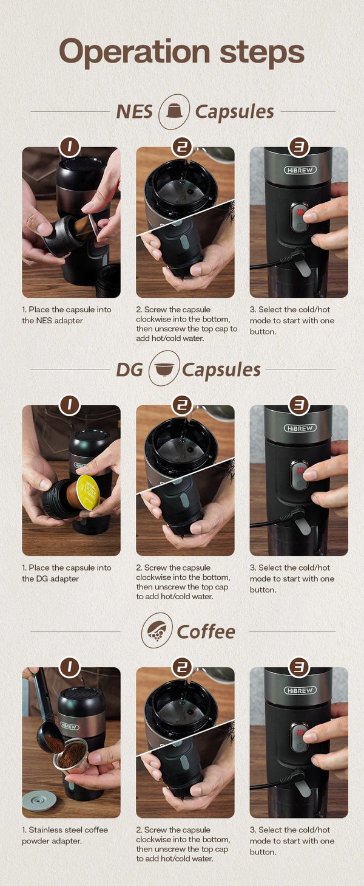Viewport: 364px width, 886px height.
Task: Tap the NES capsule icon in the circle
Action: [x=174, y=111]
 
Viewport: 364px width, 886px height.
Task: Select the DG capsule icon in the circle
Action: [x=164, y=369]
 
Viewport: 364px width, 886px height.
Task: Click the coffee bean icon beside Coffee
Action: [x=156, y=631]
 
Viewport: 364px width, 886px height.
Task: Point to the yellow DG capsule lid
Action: [x=88, y=492]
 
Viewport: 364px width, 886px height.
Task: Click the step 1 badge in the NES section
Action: [x=70, y=146]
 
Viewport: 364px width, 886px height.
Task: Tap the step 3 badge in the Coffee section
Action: [x=298, y=667]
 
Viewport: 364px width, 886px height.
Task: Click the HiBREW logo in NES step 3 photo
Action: [x=298, y=170]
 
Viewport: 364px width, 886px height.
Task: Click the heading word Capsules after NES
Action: [x=234, y=112]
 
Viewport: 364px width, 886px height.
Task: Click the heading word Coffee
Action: [x=206, y=631]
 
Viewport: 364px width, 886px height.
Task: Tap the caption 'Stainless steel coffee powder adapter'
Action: [x=65, y=835]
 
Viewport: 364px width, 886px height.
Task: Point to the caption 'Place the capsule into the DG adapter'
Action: [x=67, y=573]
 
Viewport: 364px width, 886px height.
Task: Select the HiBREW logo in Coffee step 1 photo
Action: [x=69, y=726]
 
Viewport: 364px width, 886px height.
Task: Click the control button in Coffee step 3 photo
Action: [x=298, y=737]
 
